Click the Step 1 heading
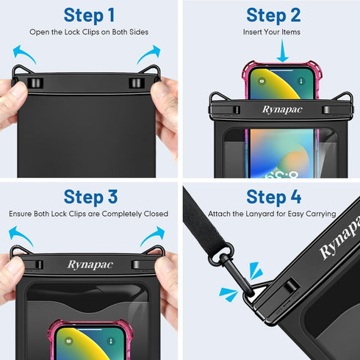pyautogui.click(x=89, y=15)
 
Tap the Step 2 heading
pyautogui.click(x=273, y=15)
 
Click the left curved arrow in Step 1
pyautogui.click(x=24, y=53)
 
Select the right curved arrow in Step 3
pyautogui.click(x=153, y=235)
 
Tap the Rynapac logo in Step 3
pyautogui.click(x=90, y=264)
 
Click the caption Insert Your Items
pyautogui.click(x=272, y=32)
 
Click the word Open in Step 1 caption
pyautogui.click(x=38, y=32)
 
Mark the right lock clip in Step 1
pyautogui.click(x=134, y=83)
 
